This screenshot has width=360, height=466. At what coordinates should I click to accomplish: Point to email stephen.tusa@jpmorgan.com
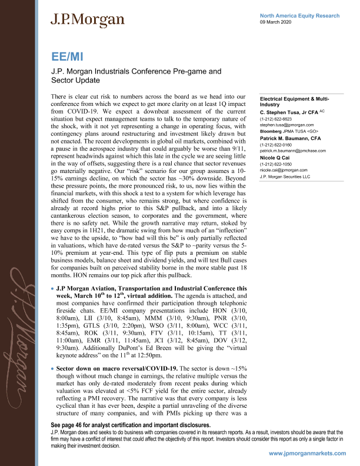pos(285,125)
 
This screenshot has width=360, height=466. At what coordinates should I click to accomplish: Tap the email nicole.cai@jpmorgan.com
pos(284,171)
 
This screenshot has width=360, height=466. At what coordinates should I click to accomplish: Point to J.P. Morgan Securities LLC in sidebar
pos(286,177)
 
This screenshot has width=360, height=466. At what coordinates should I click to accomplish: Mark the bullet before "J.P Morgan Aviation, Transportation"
pos(53,289)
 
